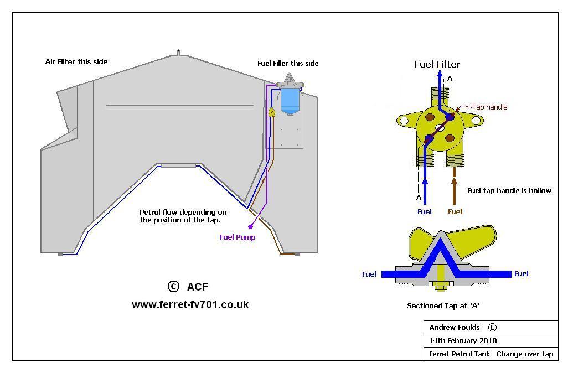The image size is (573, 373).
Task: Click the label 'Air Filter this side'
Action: coord(76,62)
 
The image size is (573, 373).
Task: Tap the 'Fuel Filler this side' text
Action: coord(288,64)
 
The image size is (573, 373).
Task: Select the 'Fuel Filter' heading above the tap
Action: coord(437,65)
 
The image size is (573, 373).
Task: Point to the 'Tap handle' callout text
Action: coord(489,107)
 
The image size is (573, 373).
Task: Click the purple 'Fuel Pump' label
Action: coord(238,237)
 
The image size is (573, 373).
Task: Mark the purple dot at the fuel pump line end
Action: coord(251,226)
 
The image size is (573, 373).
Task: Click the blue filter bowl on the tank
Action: coord(290,102)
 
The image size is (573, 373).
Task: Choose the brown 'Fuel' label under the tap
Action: coord(455,211)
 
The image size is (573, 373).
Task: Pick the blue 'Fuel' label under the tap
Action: coord(425,211)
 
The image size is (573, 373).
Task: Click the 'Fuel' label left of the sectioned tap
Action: coord(369,274)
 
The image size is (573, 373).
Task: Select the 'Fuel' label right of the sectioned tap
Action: coord(522,274)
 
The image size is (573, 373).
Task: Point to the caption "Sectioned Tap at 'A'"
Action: coord(447,305)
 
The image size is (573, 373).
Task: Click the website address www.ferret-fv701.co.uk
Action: coord(190,304)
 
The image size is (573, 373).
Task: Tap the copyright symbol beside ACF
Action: coord(173,286)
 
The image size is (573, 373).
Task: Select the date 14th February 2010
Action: coord(463,341)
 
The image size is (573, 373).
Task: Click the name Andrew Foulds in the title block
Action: coord(455,327)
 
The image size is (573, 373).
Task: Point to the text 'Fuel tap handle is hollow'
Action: coord(509,191)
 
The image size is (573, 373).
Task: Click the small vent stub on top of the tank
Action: coord(178,53)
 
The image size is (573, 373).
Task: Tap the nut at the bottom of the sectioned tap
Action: coord(440,287)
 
